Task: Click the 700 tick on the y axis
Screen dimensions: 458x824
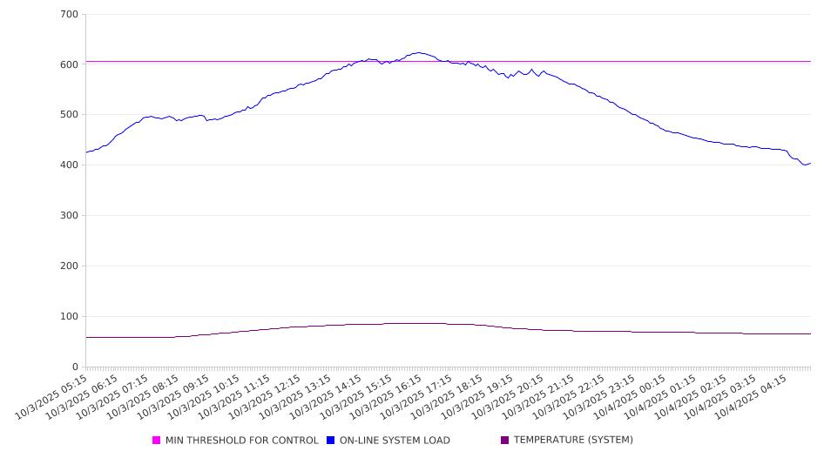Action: tap(70, 15)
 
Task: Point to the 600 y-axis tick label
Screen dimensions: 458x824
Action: tap(70, 64)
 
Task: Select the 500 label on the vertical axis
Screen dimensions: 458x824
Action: tap(70, 115)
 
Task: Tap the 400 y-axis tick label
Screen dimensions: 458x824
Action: tap(70, 165)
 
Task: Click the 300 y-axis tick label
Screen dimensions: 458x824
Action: tap(70, 216)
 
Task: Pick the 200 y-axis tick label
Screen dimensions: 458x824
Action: tap(70, 266)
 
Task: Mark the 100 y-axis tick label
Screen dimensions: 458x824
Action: tap(70, 317)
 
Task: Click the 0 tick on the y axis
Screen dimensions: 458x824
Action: tap(76, 367)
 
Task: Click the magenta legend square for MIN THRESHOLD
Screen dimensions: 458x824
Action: tap(157, 441)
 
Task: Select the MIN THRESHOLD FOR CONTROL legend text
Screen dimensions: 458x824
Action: tap(241, 441)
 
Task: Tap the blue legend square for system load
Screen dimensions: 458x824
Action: tap(331, 441)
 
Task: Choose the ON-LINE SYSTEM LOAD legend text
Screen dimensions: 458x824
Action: tap(395, 441)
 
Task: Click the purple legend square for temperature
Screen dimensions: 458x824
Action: tap(505, 441)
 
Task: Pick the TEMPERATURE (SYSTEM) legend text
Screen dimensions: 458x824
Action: tap(573, 441)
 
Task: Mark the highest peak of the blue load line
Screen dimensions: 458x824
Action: tap(419, 52)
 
